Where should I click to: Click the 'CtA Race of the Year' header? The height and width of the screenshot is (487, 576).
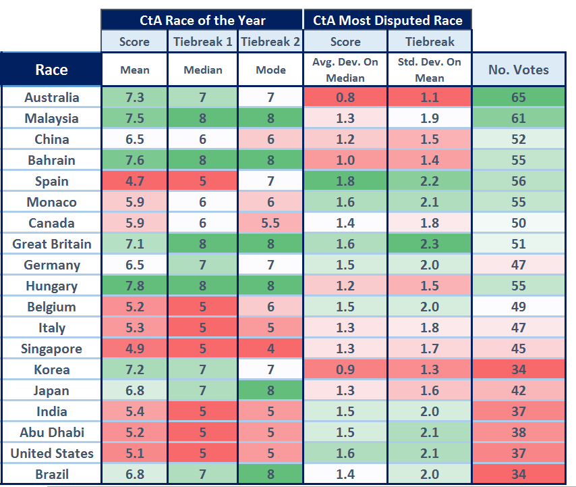(202, 20)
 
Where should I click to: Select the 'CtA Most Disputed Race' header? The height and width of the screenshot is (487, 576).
(388, 20)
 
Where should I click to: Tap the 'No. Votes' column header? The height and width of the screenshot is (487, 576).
(518, 70)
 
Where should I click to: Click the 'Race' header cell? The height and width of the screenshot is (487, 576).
(51, 70)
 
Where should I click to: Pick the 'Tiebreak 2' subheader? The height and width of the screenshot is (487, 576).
(270, 42)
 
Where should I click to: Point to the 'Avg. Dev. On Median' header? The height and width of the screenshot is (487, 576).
(345, 70)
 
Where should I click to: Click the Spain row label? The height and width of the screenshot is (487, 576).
(51, 181)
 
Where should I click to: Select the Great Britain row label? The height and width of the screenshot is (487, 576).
(51, 244)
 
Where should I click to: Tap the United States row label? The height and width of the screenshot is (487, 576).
(51, 453)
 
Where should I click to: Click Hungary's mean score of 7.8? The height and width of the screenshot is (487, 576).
(135, 286)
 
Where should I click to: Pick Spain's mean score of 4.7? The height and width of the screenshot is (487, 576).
(135, 181)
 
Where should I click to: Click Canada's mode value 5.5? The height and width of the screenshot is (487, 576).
(270, 223)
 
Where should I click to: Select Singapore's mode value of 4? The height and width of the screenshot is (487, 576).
(270, 349)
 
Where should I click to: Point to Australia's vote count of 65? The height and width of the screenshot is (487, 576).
(518, 97)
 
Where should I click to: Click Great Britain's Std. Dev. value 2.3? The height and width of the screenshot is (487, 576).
(430, 244)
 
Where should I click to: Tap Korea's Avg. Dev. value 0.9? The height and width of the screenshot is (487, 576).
(345, 369)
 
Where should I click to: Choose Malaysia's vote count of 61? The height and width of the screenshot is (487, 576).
(518, 118)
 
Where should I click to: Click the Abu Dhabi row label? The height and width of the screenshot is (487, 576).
(51, 432)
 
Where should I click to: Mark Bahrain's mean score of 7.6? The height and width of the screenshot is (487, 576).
(135, 160)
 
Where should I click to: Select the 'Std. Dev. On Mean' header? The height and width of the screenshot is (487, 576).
(430, 70)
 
